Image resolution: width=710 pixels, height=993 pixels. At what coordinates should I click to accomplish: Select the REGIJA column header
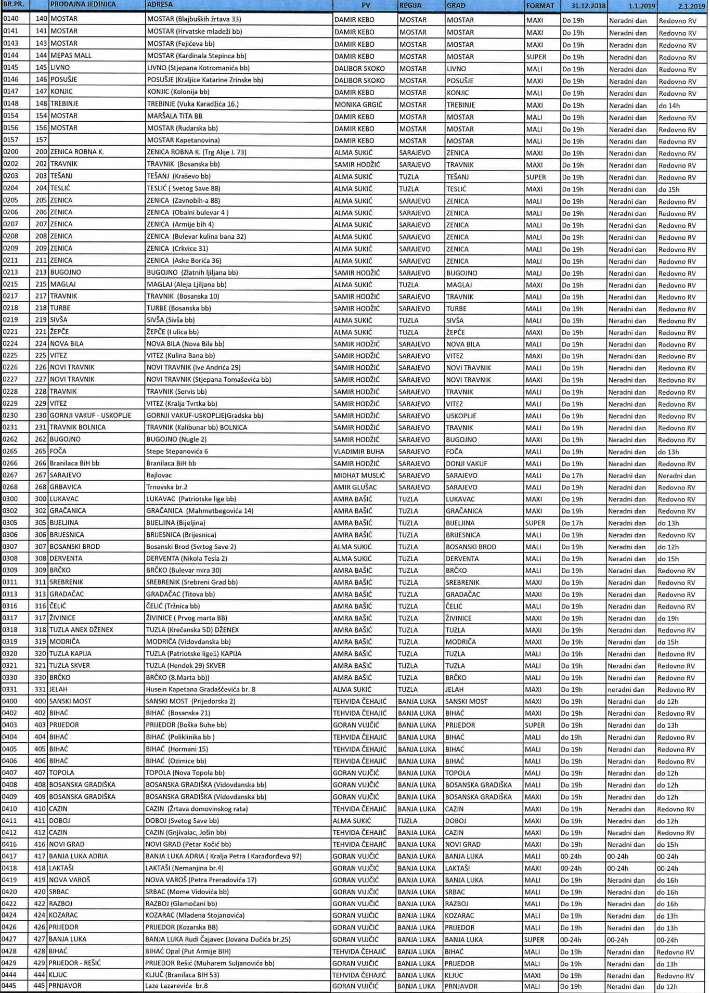tap(410, 5)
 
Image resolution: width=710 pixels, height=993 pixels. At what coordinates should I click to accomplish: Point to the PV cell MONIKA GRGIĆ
tap(358, 105)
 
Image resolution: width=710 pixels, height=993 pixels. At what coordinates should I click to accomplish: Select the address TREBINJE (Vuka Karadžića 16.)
tap(192, 104)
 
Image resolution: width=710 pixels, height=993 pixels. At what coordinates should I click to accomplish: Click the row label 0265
tap(10, 451)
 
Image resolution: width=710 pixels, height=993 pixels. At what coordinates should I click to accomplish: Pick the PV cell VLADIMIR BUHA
tap(359, 452)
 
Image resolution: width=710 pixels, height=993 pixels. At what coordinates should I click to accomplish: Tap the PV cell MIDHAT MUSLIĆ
tap(359, 475)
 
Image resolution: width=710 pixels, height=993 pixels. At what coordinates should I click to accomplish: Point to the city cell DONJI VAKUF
tap(467, 463)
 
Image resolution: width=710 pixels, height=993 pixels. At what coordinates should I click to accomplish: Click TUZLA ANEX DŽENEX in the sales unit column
tap(81, 630)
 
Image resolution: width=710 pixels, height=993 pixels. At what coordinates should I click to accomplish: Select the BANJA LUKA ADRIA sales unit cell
tap(78, 856)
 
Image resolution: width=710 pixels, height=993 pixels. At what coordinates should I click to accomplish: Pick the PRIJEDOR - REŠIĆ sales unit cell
tap(75, 963)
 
